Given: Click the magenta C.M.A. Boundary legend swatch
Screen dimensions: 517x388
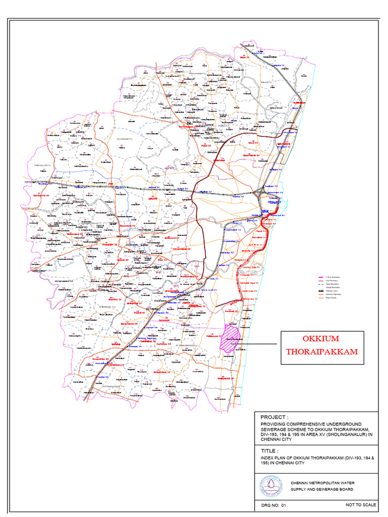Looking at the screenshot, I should [320, 278].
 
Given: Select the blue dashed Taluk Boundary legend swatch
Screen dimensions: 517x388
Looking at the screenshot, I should [320, 284].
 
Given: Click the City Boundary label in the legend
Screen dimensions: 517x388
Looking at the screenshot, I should [333, 281].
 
